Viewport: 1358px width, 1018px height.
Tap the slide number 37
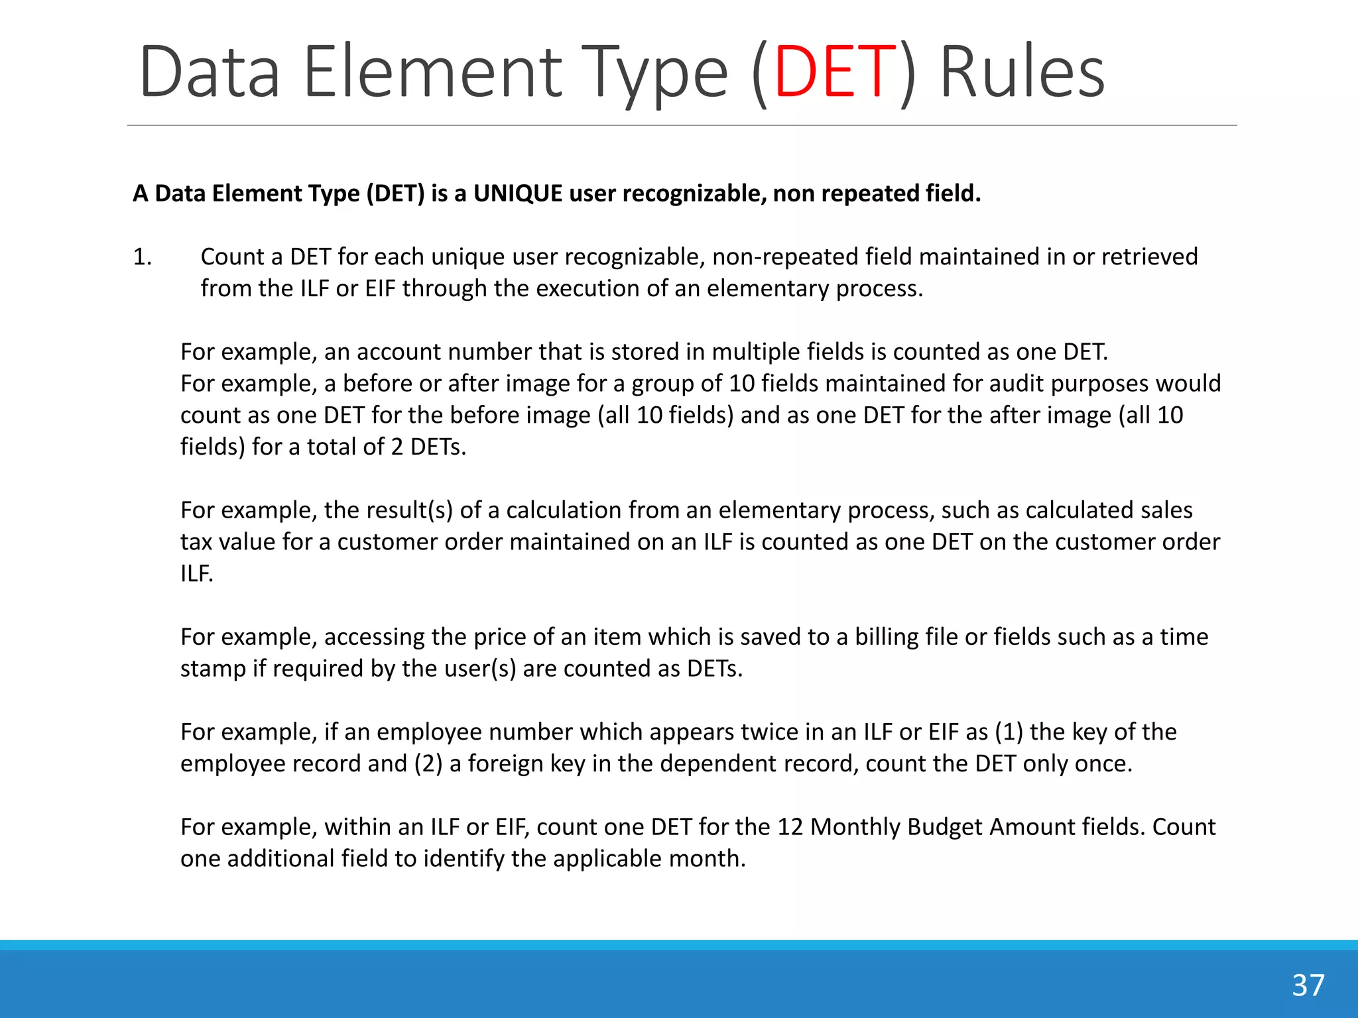pyautogui.click(x=1308, y=986)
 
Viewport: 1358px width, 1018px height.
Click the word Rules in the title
pyautogui.click(x=1022, y=72)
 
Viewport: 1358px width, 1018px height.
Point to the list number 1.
pyautogui.click(x=142, y=257)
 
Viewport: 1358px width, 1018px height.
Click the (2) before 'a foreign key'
pyautogui.click(x=428, y=763)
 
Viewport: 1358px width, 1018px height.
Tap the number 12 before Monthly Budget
pyautogui.click(x=790, y=827)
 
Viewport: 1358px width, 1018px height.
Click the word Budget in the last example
pyautogui.click(x=944, y=827)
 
